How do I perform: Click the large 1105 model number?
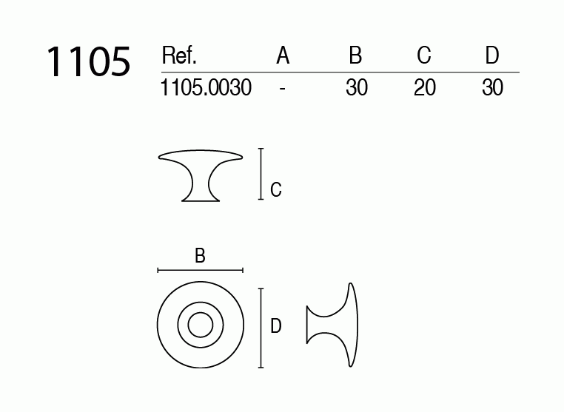click(88, 61)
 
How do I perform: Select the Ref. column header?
click(178, 56)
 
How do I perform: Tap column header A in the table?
click(283, 56)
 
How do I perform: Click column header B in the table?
click(356, 56)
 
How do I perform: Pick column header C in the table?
click(424, 56)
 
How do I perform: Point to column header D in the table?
click(492, 56)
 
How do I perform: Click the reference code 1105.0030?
click(206, 88)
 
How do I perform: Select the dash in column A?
click(283, 88)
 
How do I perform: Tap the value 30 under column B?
click(357, 88)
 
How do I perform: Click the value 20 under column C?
click(425, 88)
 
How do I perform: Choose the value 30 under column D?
click(492, 88)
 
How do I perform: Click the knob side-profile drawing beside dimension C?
click(200, 173)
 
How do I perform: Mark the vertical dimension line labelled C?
click(261, 174)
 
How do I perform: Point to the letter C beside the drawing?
click(275, 190)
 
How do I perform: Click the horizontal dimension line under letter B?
click(200, 271)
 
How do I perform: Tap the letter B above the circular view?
click(200, 256)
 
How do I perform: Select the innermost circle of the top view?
click(200, 325)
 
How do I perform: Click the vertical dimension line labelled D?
click(261, 328)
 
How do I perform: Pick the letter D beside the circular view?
click(275, 325)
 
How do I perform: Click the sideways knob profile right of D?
click(334, 325)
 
